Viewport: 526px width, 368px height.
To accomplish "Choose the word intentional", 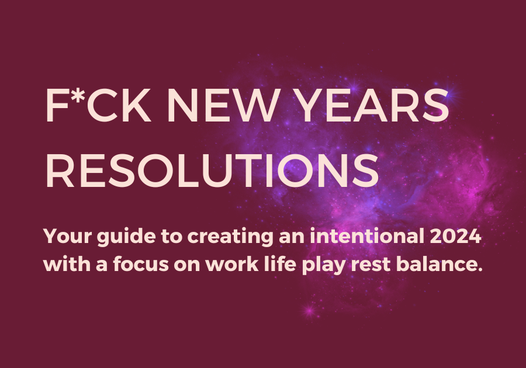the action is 367,236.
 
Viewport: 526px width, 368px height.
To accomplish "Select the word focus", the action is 141,264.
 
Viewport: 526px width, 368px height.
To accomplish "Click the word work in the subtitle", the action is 232,264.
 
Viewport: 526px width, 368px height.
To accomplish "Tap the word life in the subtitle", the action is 280,264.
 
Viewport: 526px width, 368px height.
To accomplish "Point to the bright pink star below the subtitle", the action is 309,310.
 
